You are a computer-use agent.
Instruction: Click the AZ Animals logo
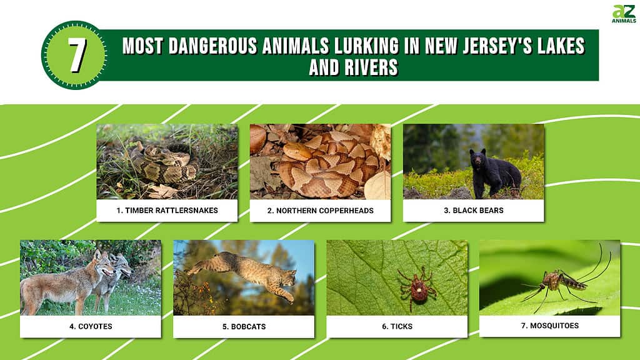coord(624,14)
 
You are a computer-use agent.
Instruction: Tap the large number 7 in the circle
coord(76,55)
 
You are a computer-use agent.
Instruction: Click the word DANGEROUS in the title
coord(214,46)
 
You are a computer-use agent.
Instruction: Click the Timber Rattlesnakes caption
coord(167,211)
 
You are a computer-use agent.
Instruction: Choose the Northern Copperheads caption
coord(321,211)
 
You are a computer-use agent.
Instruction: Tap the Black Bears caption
coord(474,211)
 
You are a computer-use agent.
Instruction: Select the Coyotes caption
coord(91,326)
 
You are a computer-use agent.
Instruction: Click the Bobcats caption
coord(244,326)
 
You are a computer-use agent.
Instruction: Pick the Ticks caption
coord(397,326)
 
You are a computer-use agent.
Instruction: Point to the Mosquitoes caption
coord(550,326)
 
